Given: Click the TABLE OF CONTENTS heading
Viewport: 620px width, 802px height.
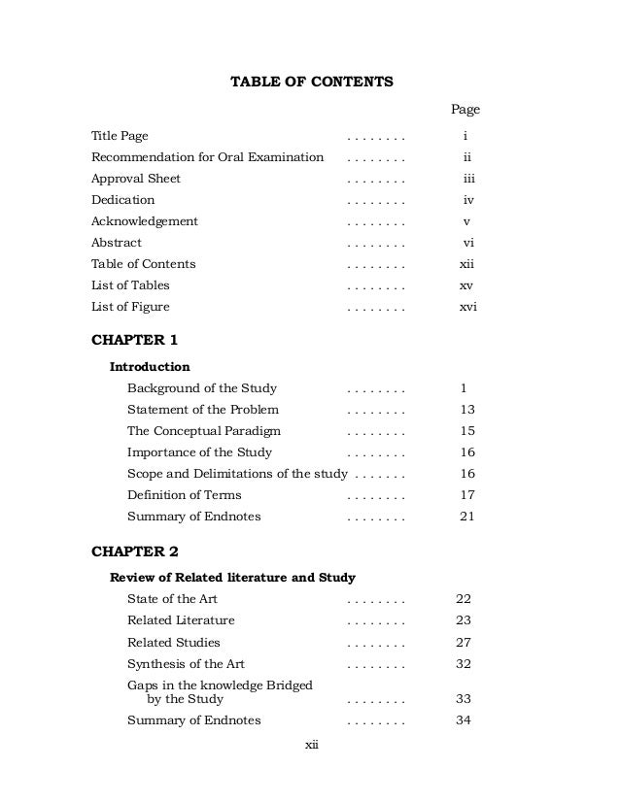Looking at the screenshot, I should pyautogui.click(x=311, y=82).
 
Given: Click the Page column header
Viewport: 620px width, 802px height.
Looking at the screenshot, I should pyautogui.click(x=465, y=110).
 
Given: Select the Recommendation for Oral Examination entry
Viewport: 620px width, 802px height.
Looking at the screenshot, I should pyautogui.click(x=207, y=157).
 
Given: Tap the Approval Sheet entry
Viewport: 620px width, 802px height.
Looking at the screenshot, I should pyautogui.click(x=136, y=179).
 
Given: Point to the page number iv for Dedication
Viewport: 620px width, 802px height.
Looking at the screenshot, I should pyautogui.click(x=468, y=200).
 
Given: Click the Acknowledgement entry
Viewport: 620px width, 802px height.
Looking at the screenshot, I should pyautogui.click(x=145, y=221).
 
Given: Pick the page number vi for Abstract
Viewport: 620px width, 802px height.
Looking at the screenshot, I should pyautogui.click(x=468, y=243).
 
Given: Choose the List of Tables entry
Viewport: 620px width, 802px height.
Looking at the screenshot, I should pyautogui.click(x=130, y=285).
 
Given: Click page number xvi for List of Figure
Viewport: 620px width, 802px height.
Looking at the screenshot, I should pyautogui.click(x=468, y=307).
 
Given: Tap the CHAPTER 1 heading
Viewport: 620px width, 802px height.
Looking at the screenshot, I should pyautogui.click(x=135, y=340).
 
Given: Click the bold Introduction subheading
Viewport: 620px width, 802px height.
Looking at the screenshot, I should pyautogui.click(x=150, y=367).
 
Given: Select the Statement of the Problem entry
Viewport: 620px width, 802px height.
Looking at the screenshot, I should pyautogui.click(x=203, y=410).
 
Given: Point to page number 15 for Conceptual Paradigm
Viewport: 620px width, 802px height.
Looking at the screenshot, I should pyautogui.click(x=467, y=431).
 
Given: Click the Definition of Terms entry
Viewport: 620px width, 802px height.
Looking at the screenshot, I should pyautogui.click(x=185, y=495).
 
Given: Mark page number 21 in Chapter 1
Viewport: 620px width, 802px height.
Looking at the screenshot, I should pyautogui.click(x=467, y=517).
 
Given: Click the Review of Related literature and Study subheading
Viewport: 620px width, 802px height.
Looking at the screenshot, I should pyautogui.click(x=232, y=578).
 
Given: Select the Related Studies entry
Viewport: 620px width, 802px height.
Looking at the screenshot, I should pyautogui.click(x=174, y=643).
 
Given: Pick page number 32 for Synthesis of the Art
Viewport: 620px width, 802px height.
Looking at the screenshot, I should pyautogui.click(x=464, y=664).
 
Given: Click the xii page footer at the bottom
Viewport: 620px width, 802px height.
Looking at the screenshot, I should pyautogui.click(x=312, y=745).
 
